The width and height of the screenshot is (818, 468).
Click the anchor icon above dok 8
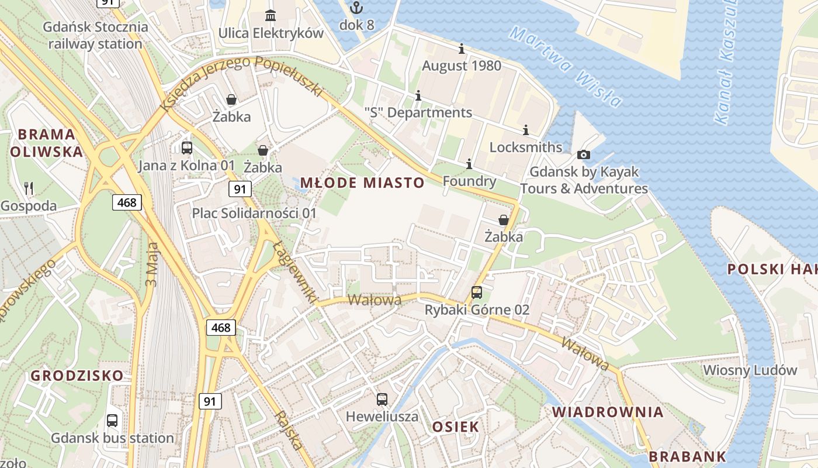(x=356, y=8)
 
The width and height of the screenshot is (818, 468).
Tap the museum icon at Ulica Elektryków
(x=271, y=15)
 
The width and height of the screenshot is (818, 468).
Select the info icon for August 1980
(x=462, y=48)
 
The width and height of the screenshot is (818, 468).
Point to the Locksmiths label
(x=525, y=147)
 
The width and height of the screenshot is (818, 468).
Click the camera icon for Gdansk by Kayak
(x=583, y=154)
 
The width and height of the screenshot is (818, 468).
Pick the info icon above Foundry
(x=469, y=164)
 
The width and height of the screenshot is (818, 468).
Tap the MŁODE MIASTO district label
(x=362, y=183)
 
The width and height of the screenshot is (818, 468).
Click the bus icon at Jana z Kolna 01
(x=187, y=147)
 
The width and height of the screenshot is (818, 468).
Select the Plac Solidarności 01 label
(x=254, y=213)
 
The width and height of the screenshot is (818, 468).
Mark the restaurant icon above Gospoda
(x=29, y=188)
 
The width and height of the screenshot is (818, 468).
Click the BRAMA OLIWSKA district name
(x=47, y=143)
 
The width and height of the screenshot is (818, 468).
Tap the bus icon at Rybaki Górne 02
(x=477, y=292)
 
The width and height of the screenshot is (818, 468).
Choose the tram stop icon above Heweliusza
(x=382, y=399)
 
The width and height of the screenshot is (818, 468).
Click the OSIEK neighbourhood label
(x=455, y=426)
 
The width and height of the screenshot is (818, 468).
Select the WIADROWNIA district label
(x=608, y=412)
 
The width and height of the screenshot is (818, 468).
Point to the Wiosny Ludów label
(x=750, y=370)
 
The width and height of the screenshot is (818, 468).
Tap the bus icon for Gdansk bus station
(x=112, y=420)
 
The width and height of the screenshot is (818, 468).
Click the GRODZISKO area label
(x=77, y=375)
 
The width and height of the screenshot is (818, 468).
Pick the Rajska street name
(x=289, y=430)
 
